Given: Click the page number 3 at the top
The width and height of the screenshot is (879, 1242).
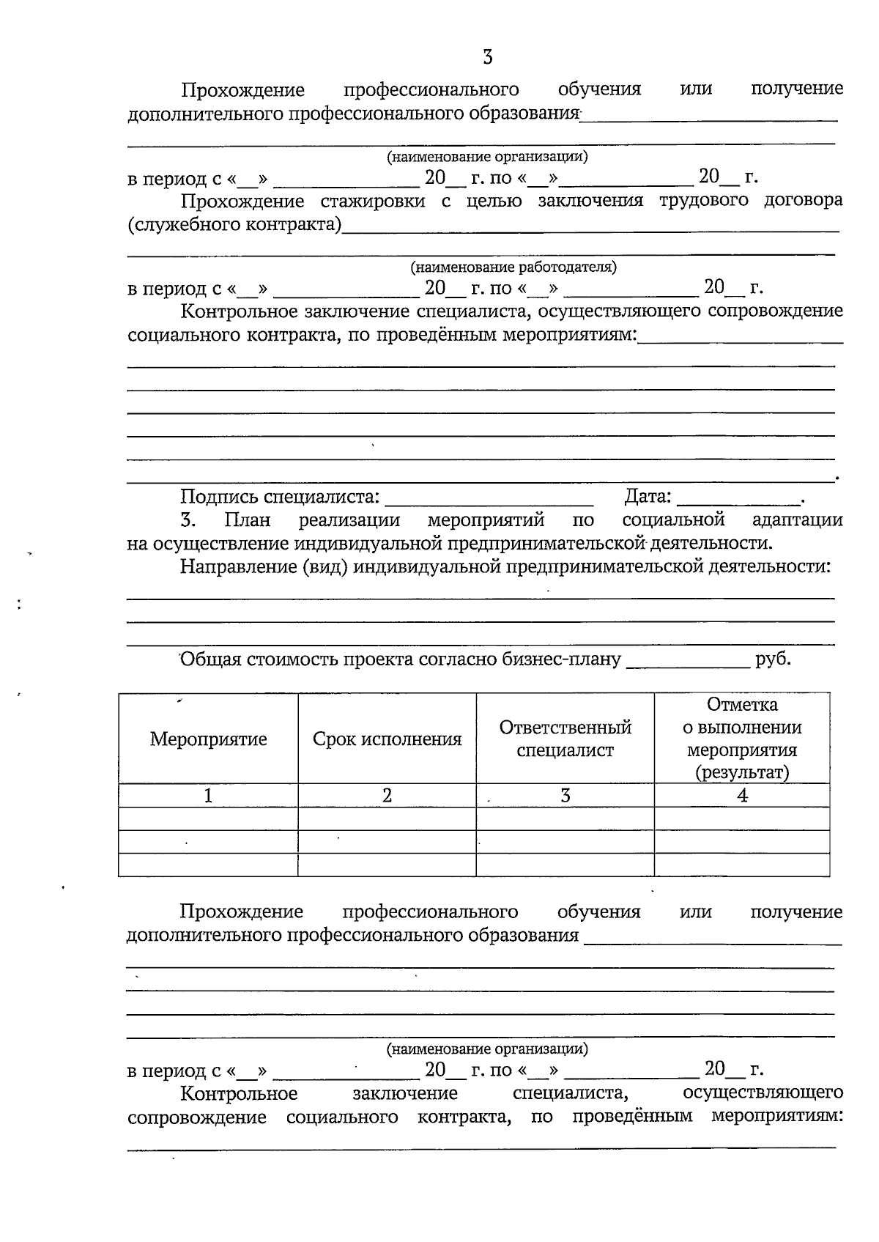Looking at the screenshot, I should coord(487,57).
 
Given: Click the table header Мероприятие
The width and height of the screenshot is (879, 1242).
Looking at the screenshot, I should coord(208,739).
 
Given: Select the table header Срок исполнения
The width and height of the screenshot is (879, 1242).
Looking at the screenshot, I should coord(387,739).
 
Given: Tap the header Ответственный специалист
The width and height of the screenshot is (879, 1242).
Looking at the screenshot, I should coord(565,739).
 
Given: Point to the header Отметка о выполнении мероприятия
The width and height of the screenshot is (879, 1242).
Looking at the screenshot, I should coord(741,739).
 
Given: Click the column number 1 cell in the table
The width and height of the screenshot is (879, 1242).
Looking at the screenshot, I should coord(208,796).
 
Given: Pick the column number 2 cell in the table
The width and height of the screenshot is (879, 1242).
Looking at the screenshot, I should coord(387,796).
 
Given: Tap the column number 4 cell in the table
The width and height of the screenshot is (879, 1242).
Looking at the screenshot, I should coord(741,796).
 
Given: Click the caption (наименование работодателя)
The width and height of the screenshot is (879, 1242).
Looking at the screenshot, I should coord(513,267).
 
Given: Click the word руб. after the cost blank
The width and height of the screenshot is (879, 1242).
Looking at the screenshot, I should coord(773,659).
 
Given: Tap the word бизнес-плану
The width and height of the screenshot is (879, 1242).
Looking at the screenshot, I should coord(560,659).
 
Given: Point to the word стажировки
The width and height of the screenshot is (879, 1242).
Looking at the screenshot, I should coord(372,201).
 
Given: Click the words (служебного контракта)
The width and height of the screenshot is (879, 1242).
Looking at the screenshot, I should coord(234,225).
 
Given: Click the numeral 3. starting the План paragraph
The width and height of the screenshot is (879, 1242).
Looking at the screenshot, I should coord(188,520).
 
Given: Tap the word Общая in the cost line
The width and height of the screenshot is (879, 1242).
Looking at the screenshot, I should coord(210,659).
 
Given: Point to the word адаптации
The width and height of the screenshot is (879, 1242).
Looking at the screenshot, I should coord(796,520).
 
